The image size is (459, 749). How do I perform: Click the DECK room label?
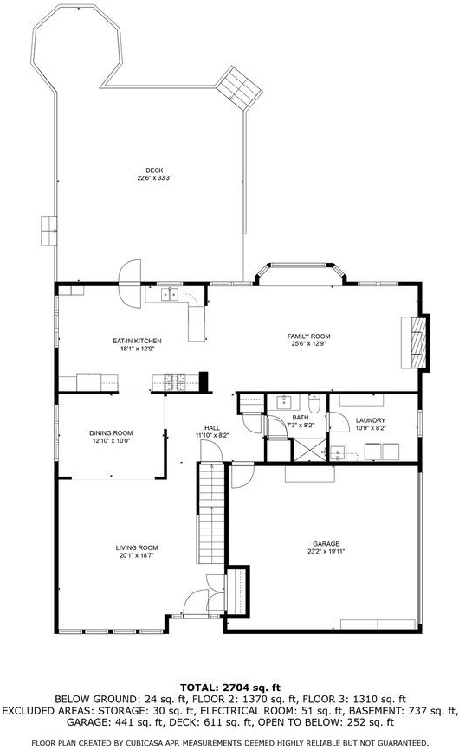[154, 170]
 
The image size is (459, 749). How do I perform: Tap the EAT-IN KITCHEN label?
[137, 341]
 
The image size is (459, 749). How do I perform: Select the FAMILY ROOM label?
[309, 336]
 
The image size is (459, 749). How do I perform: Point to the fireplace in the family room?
[415, 342]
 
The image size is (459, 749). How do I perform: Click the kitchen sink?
[169, 295]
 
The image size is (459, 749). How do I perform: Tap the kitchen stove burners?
[175, 381]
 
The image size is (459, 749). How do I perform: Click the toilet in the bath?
[314, 404]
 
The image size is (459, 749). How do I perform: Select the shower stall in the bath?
[309, 450]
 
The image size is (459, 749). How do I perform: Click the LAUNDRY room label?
[371, 420]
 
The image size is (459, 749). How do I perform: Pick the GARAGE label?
[326, 544]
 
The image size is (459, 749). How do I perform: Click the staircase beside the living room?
[210, 513]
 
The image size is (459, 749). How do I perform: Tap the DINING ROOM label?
[111, 433]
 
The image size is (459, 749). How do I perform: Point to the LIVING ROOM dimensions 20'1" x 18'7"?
[137, 555]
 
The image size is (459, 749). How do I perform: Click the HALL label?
[212, 428]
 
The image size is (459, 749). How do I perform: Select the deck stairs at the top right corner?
[240, 89]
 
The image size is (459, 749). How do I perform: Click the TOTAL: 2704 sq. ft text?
[230, 688]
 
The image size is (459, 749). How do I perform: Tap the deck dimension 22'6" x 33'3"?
[154, 177]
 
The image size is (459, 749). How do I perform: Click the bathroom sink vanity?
[283, 403]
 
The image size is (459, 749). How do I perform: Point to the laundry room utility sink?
[339, 452]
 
